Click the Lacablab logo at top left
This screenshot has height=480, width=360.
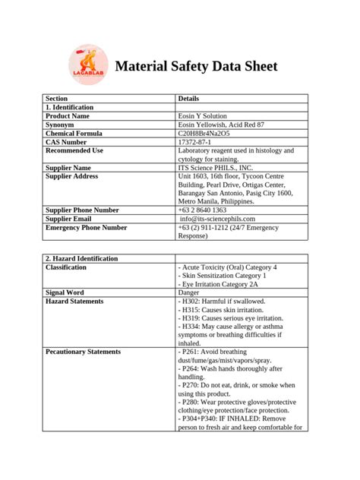[84, 63]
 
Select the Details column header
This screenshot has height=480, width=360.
[188, 99]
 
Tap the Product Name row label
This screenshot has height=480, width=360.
[68, 116]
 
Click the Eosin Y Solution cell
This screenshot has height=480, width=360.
[204, 116]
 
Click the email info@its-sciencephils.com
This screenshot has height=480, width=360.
[221, 219]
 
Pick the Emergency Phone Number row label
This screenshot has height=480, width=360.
[86, 227]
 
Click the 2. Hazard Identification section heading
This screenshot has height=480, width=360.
[82, 259]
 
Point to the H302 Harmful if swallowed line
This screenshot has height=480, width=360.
[222, 302]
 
